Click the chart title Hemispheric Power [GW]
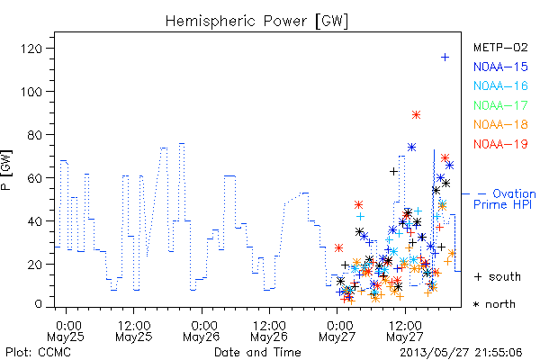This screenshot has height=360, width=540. coord(256,22)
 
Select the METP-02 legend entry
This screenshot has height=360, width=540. coord(500,47)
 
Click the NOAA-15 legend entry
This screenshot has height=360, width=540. coord(500,67)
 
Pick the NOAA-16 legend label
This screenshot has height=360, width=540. coord(500,85)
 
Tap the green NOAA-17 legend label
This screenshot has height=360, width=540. coord(500,105)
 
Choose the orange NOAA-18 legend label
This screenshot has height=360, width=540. coord(500,124)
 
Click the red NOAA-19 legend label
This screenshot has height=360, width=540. coord(500,144)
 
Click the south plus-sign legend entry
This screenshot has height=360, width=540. coord(498,276)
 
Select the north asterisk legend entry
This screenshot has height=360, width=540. coord(494,304)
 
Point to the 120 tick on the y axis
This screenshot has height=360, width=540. coord(31,49)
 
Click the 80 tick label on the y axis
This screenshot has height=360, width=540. coord(35,135)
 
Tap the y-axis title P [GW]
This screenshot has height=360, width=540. coord(6,170)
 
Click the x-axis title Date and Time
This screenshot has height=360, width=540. coord(257,353)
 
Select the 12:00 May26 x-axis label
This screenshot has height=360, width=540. coord(269,331)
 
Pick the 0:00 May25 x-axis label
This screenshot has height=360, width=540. coord(66,331)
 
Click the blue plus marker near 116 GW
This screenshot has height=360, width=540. coord(445,58)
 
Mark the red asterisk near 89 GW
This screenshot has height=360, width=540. coord(416,114)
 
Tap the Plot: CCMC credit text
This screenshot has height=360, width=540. coord(38,353)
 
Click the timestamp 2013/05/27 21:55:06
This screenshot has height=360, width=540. coord(461,353)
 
